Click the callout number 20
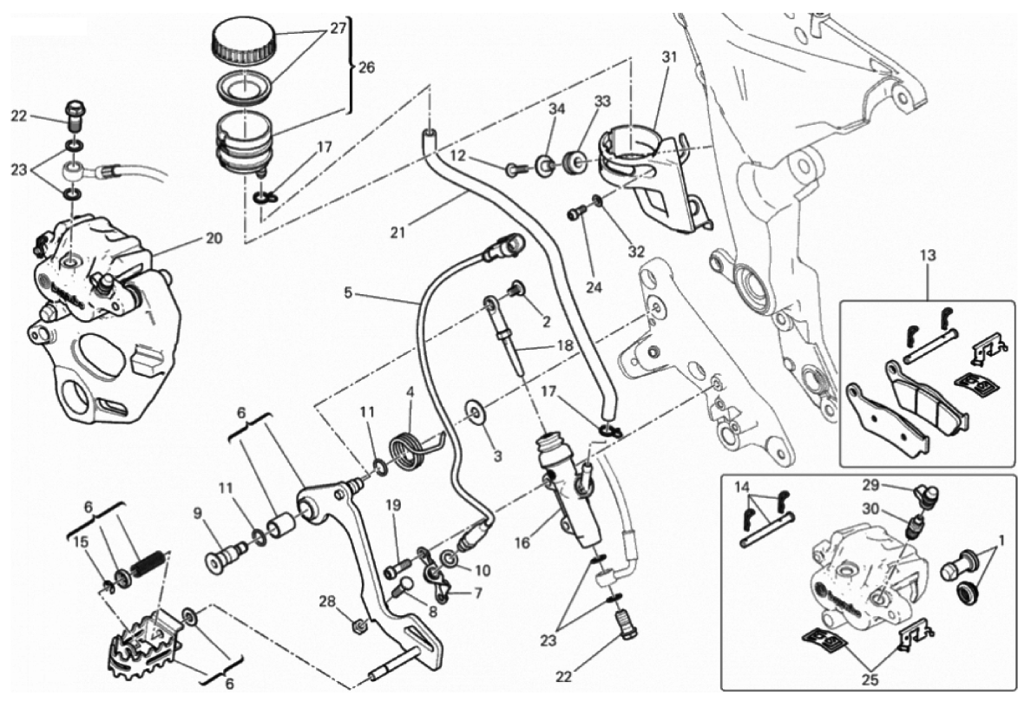pyautogui.click(x=213, y=238)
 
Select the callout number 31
pyautogui.click(x=668, y=57)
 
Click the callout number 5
pyautogui.click(x=348, y=293)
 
